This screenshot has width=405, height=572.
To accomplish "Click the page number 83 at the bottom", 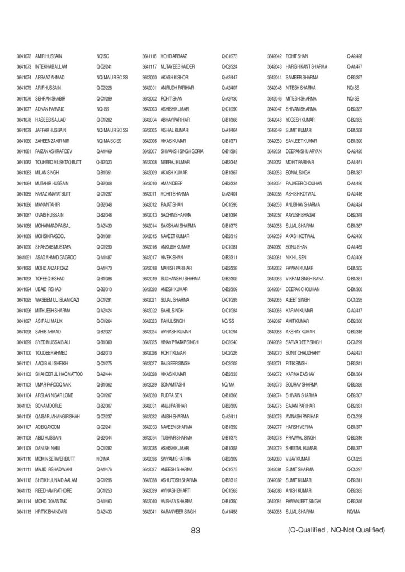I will [x=195, y=530].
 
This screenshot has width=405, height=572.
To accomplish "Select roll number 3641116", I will [x=149, y=56].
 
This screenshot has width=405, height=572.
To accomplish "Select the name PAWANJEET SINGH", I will [x=303, y=500].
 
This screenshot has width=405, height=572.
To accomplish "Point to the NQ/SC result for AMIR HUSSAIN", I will [x=102, y=56].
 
